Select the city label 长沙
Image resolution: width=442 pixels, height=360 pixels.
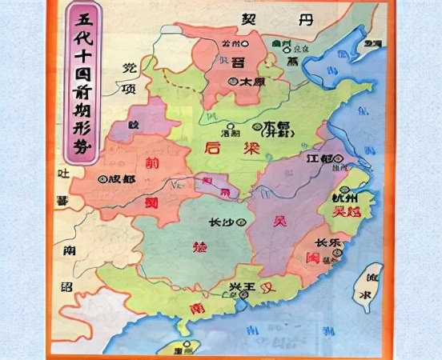222,202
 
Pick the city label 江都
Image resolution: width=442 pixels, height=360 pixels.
319,158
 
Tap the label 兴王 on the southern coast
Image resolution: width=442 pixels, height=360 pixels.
243,286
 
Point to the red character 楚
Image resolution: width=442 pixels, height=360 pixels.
201,247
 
